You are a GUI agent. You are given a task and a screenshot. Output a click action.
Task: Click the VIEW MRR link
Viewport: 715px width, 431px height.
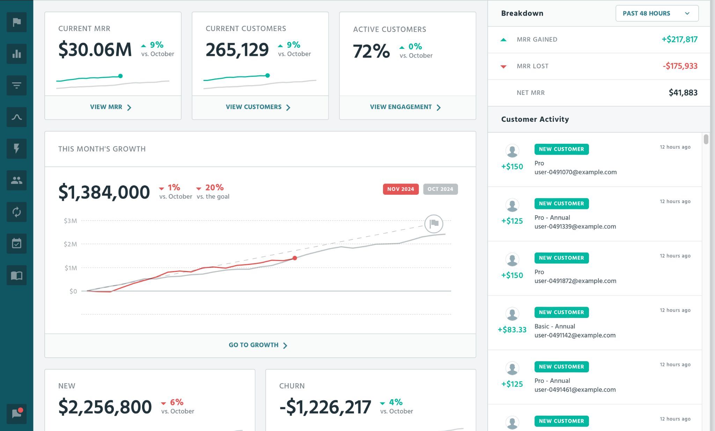110,107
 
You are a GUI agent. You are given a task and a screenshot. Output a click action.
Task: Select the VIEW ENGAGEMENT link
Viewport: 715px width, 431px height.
405,107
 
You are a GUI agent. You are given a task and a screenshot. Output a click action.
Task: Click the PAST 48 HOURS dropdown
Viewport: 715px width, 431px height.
657,14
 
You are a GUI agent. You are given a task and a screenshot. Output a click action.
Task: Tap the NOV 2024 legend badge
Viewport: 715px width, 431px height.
400,189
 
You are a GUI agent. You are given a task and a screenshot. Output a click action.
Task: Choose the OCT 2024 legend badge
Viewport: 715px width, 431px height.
440,189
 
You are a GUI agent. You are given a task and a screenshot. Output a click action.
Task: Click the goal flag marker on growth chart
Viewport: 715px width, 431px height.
434,224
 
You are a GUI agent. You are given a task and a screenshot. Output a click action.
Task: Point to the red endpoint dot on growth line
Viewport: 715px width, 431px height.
295,258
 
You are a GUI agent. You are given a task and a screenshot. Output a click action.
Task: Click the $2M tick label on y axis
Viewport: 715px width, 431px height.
70,244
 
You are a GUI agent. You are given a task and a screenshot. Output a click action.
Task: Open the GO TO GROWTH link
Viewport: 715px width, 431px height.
258,345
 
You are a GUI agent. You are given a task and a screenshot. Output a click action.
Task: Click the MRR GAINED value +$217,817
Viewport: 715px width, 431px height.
679,39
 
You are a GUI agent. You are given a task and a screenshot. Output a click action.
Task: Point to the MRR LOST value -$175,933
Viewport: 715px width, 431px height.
680,66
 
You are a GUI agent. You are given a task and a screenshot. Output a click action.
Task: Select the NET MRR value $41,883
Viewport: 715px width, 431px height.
683,93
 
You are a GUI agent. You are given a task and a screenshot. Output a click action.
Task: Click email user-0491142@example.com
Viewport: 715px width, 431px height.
575,335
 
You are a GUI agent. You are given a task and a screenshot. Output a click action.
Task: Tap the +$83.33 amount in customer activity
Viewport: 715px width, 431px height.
512,330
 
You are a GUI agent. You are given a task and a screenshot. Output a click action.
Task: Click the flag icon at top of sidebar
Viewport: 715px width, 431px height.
16,22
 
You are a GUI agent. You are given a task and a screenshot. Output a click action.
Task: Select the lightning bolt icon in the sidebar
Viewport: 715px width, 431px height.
16,149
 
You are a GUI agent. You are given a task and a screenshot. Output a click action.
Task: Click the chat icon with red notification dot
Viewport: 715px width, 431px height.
16,414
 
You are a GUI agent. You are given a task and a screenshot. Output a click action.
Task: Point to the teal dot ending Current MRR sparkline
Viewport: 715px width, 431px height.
120,76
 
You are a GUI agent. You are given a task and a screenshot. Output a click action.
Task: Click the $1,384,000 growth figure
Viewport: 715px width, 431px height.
104,192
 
